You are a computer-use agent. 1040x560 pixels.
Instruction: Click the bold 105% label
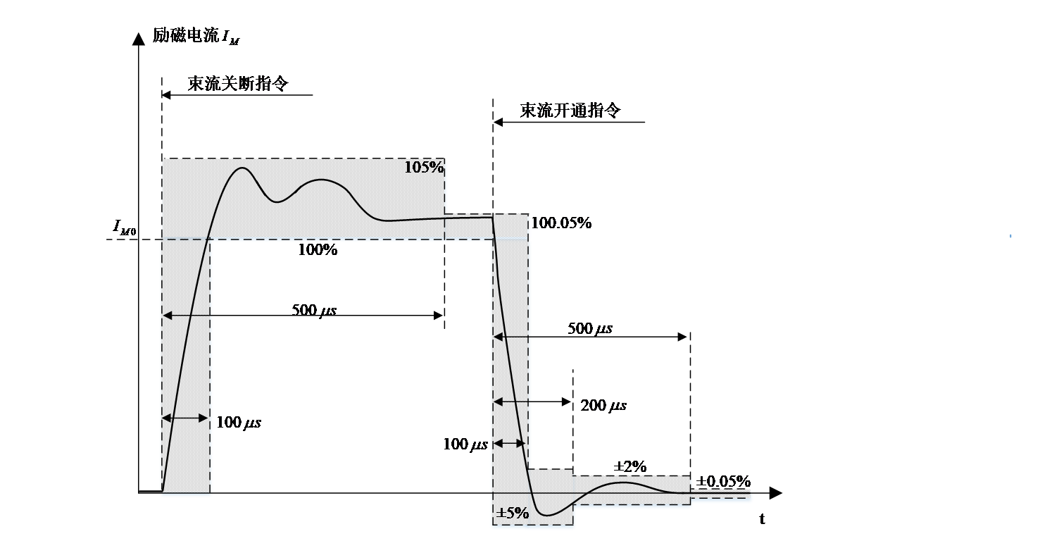coord(424,168)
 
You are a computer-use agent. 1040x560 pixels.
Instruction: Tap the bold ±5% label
coord(513,513)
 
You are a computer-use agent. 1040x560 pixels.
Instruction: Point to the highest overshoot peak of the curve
coord(242,168)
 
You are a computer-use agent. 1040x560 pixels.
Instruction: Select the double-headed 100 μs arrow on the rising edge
coord(186,418)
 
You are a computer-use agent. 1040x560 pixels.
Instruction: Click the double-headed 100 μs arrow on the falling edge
coord(509,443)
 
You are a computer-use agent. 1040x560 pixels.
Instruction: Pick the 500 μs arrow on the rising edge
coord(187,316)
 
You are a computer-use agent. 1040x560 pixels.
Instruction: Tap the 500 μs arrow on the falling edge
coord(513,337)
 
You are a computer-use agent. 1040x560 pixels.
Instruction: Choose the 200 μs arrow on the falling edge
coord(513,402)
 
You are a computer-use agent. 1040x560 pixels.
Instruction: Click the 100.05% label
coord(561,223)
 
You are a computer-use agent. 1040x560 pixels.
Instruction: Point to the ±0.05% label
coord(723,480)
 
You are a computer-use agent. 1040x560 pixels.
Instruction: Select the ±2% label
coord(631,466)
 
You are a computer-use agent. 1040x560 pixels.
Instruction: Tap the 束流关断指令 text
coord(237,84)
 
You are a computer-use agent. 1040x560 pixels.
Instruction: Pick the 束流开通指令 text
coord(570,111)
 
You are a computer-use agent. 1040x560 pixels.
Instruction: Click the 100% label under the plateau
coord(318,249)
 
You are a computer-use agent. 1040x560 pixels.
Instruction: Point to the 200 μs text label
coord(604,405)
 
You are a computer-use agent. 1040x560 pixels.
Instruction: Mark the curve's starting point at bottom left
coord(162,490)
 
